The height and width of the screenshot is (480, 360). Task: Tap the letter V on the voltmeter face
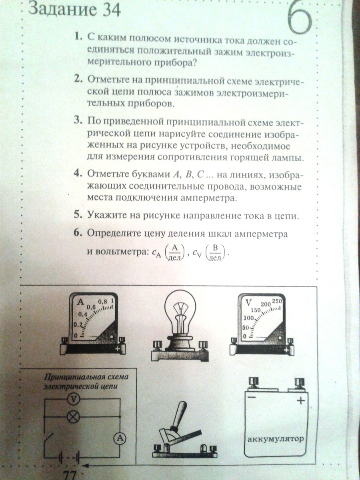(248, 303)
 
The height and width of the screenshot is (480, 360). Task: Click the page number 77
(70, 474)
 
